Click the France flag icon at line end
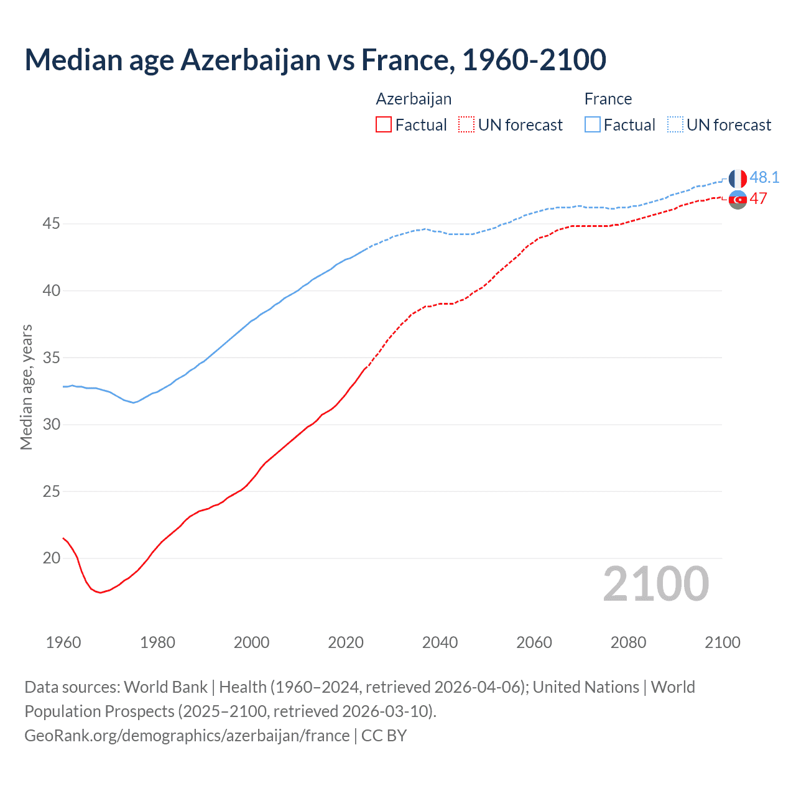738,178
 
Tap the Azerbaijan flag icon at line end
738,200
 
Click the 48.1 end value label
764,177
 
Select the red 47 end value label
758,198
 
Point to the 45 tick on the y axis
51,223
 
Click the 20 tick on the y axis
51,558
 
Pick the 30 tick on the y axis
51,424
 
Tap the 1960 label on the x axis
63,642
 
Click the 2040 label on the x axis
440,642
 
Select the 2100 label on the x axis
722,642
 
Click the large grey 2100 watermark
656,583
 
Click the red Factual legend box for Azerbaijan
384,125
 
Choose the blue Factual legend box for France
592,125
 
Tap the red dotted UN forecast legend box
466,125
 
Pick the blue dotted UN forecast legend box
675,125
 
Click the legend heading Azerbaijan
414,99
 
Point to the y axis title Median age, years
26,387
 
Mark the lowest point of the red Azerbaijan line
99,593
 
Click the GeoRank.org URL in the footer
187,736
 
